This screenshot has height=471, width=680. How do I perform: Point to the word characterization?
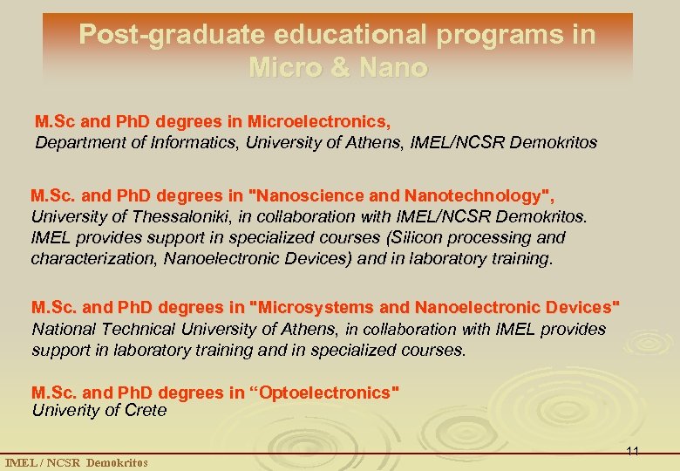tap(84, 259)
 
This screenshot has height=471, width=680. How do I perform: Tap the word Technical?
tap(139, 329)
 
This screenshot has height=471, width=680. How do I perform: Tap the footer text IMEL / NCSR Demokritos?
tap(77, 462)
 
